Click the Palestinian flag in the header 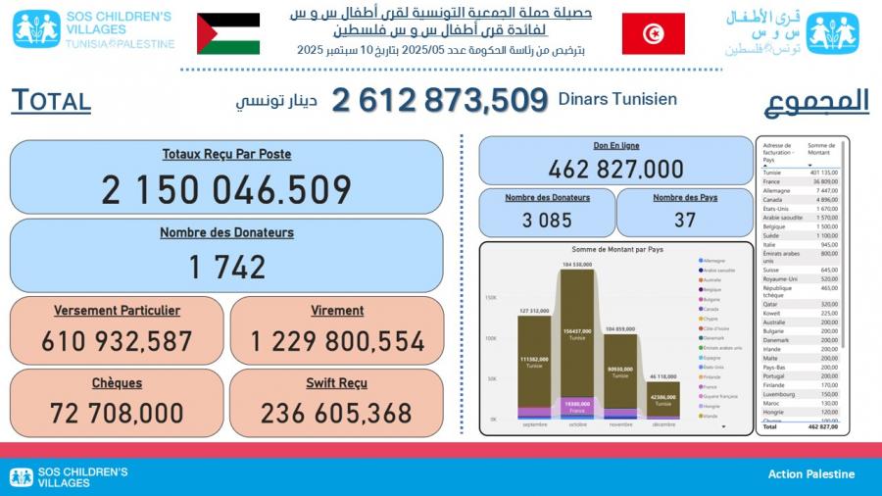[x=228, y=33]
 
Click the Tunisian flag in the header [x=653, y=33]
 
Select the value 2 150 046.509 [x=226, y=189]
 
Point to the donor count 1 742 [x=226, y=266]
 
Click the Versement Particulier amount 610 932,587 [x=117, y=341]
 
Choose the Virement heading [x=336, y=311]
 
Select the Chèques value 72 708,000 [x=117, y=413]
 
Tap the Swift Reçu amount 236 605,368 [x=336, y=413]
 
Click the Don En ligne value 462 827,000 [x=615, y=169]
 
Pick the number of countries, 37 [x=685, y=220]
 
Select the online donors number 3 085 [x=547, y=220]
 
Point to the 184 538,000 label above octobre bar [x=578, y=265]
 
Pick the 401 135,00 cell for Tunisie [x=822, y=173]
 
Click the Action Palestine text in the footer [x=810, y=474]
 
